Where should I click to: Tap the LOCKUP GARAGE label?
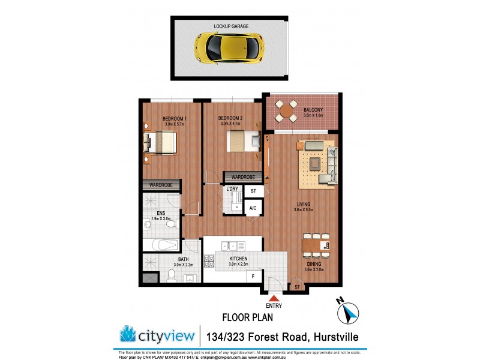(x=231, y=26)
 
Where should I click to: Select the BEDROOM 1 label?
(x=174, y=119)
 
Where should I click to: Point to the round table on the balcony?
(x=286, y=109)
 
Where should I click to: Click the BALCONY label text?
(x=313, y=110)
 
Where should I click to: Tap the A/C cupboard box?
(x=253, y=208)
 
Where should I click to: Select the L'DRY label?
(x=232, y=190)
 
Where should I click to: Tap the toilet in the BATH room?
(x=171, y=275)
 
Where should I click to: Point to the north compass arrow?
(x=349, y=312)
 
